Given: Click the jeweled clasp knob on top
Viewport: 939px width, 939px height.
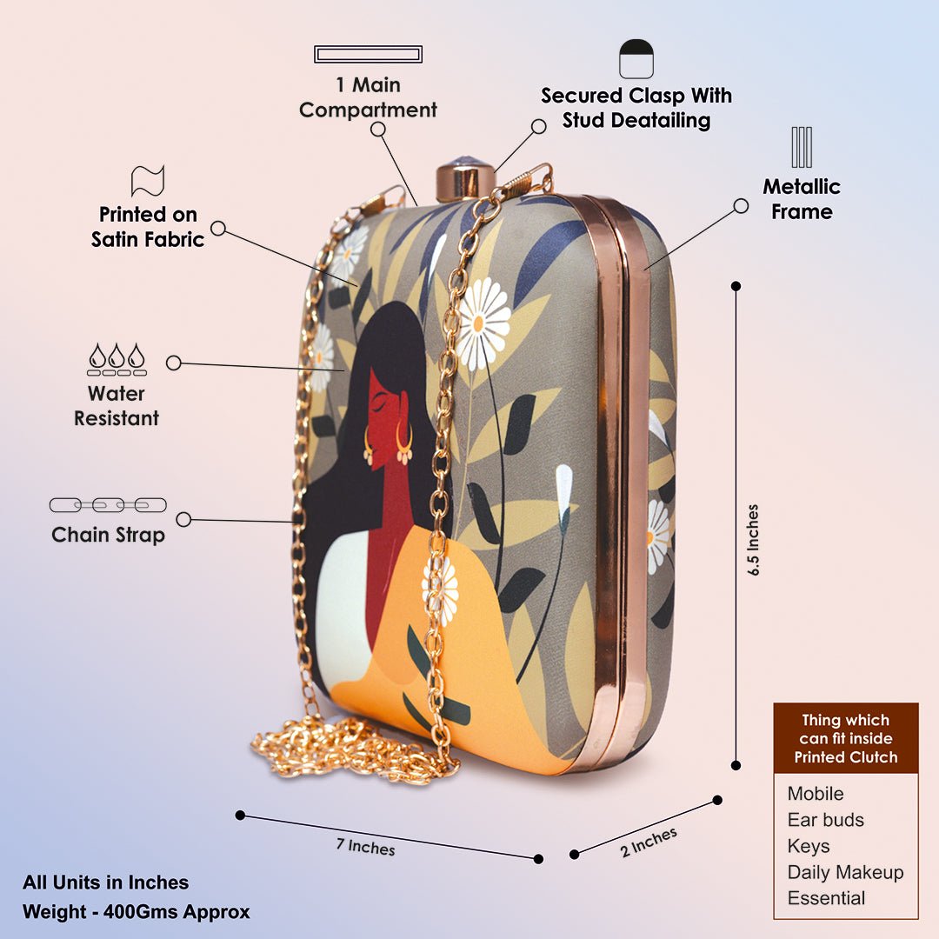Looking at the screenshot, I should click(x=464, y=177).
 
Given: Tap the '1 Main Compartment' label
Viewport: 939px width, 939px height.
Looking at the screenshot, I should click(x=368, y=97).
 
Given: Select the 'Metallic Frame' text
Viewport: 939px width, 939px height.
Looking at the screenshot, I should click(x=802, y=199).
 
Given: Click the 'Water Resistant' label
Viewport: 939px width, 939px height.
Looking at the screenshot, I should click(x=117, y=406).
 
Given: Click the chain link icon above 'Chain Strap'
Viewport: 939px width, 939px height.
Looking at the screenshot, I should click(x=108, y=505).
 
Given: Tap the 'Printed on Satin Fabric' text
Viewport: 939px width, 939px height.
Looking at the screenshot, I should click(x=148, y=227).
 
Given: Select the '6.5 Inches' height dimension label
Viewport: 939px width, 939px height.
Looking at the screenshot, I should click(x=753, y=540).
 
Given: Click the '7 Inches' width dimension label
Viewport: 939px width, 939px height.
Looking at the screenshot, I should click(x=366, y=846).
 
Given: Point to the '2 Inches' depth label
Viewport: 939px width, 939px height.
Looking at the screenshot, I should click(x=649, y=842).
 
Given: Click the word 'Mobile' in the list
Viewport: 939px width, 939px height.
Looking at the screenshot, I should click(x=816, y=794).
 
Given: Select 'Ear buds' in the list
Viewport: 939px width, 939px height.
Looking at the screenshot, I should click(x=826, y=820).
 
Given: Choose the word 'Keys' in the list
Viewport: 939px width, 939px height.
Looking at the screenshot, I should click(x=809, y=846).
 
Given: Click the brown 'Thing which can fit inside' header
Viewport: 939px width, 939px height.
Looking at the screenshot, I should click(x=845, y=738).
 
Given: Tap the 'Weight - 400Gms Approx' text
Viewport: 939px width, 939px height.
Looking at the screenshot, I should click(x=137, y=912).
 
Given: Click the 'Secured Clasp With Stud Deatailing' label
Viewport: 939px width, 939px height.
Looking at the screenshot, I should click(x=636, y=108).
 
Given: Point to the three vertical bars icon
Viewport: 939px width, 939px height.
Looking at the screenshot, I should click(x=802, y=147).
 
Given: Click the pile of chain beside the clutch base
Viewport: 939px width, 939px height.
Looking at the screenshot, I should click(x=348, y=748).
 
